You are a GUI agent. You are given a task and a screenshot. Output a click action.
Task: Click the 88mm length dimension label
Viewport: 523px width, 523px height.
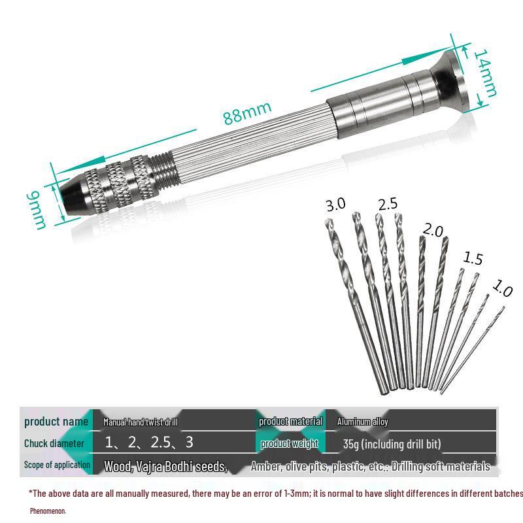pyautogui.click(x=247, y=112)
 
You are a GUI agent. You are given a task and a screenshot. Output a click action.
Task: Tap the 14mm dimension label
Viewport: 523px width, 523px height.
pyautogui.click(x=485, y=73)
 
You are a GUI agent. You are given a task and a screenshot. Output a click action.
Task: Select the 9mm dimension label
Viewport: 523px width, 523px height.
pyautogui.click(x=37, y=210)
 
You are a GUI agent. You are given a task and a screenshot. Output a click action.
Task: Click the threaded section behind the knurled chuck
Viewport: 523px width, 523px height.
pyautogui.click(x=163, y=171)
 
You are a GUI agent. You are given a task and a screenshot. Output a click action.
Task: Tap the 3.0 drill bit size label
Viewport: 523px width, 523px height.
pyautogui.click(x=335, y=205)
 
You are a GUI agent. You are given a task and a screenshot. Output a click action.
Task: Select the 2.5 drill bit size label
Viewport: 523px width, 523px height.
pyautogui.click(x=388, y=204)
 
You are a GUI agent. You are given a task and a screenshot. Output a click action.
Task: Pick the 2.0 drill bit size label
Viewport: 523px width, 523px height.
pyautogui.click(x=433, y=230)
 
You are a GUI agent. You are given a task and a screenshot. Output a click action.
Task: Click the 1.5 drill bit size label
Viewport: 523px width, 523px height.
pyautogui.click(x=473, y=258)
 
